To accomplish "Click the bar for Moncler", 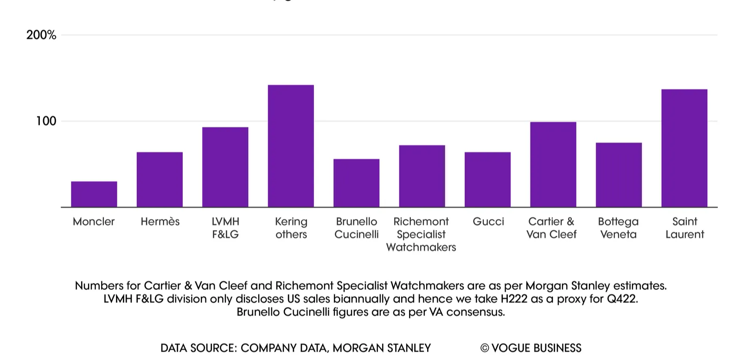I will coord(94,194).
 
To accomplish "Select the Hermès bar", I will coord(160,180).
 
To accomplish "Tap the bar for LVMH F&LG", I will coord(225,167).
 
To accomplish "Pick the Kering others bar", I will coord(291,146).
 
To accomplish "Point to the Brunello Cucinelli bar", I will coord(356,183).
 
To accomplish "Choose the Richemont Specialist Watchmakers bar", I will coord(422,176).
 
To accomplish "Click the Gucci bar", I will coord(487,180).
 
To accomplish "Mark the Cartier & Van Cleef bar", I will coord(553,164).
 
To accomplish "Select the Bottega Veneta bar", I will coord(619,174).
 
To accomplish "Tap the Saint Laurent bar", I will coord(684,148).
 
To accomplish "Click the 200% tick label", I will coord(41,35).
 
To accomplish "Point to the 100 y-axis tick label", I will coord(46,121).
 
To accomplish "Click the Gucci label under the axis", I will coord(488,222).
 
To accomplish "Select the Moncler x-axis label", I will coord(94,222).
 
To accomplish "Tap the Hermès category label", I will coord(160,222).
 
